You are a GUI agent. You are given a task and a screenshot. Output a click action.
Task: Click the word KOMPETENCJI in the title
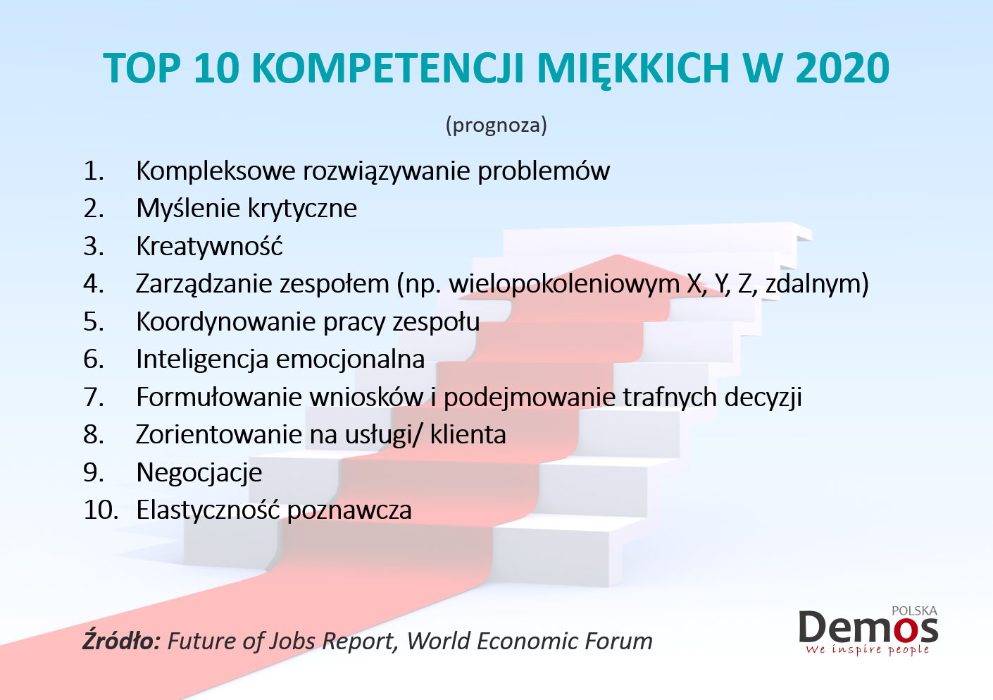pyautogui.click(x=389, y=68)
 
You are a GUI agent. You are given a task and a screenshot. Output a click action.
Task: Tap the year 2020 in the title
pyautogui.click(x=843, y=68)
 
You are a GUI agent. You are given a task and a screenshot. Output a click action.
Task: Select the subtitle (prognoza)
pyautogui.click(x=496, y=125)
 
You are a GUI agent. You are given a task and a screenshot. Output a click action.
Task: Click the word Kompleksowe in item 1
pyautogui.click(x=216, y=171)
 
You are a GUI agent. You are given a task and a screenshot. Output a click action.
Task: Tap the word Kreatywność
pyautogui.click(x=209, y=245)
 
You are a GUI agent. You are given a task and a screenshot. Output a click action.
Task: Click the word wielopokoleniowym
pyautogui.click(x=564, y=284)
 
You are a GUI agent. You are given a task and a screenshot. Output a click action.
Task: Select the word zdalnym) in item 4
pyautogui.click(x=817, y=284)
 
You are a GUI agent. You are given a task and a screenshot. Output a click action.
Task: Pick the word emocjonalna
pyautogui.click(x=350, y=359)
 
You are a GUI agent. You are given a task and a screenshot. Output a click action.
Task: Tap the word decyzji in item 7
pyautogui.click(x=763, y=397)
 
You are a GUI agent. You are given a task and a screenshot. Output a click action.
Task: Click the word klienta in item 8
pyautogui.click(x=468, y=434)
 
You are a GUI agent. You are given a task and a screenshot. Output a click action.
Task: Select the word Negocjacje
pyautogui.click(x=199, y=472)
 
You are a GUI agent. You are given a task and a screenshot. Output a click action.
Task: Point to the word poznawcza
pyautogui.click(x=349, y=510)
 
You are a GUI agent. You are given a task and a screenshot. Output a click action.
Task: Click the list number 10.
pyautogui.click(x=101, y=510)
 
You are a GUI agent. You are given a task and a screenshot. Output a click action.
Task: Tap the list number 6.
pyautogui.click(x=94, y=359)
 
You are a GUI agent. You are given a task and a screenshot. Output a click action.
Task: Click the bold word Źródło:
pyautogui.click(x=121, y=641)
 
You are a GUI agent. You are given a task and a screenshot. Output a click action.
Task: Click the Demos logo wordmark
pyautogui.click(x=868, y=627)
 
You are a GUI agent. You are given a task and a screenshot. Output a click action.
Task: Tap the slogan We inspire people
pyautogui.click(x=867, y=650)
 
